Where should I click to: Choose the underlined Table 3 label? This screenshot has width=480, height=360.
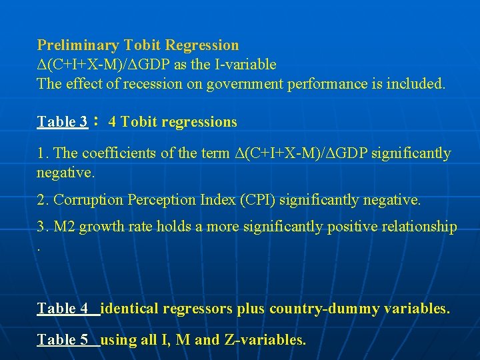click(x=62, y=122)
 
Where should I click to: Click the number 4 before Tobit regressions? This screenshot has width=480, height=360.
click(x=112, y=122)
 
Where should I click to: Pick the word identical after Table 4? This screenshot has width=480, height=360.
click(x=128, y=309)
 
